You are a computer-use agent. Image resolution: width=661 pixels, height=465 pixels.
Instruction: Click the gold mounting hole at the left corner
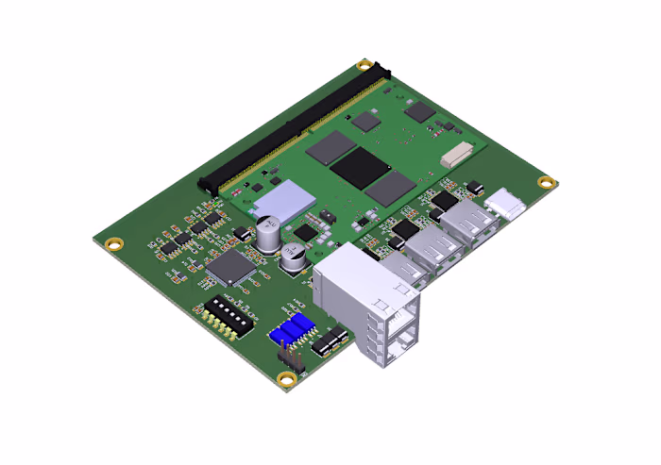coord(113,243)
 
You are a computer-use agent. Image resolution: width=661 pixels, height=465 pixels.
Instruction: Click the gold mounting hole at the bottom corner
coord(286,379)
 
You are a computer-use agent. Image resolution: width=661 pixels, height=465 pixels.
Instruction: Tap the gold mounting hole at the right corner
coord(545,182)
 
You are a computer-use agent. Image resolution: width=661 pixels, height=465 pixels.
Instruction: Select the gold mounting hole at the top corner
coord(364,65)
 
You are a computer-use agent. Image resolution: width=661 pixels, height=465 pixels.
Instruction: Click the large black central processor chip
coord(359,166)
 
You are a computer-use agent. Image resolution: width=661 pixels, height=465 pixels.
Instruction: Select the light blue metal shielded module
coord(287,199)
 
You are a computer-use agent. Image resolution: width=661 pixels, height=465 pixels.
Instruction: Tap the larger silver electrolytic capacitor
coord(267,234)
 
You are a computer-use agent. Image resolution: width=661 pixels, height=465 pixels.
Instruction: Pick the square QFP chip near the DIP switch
coord(230,268)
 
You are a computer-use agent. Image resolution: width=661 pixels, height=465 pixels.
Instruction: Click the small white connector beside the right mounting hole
coord(508,204)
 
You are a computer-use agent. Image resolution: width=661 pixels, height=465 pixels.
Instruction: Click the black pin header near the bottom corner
coord(289,360)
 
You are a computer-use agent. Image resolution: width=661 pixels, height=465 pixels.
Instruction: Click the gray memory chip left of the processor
coord(330,146)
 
